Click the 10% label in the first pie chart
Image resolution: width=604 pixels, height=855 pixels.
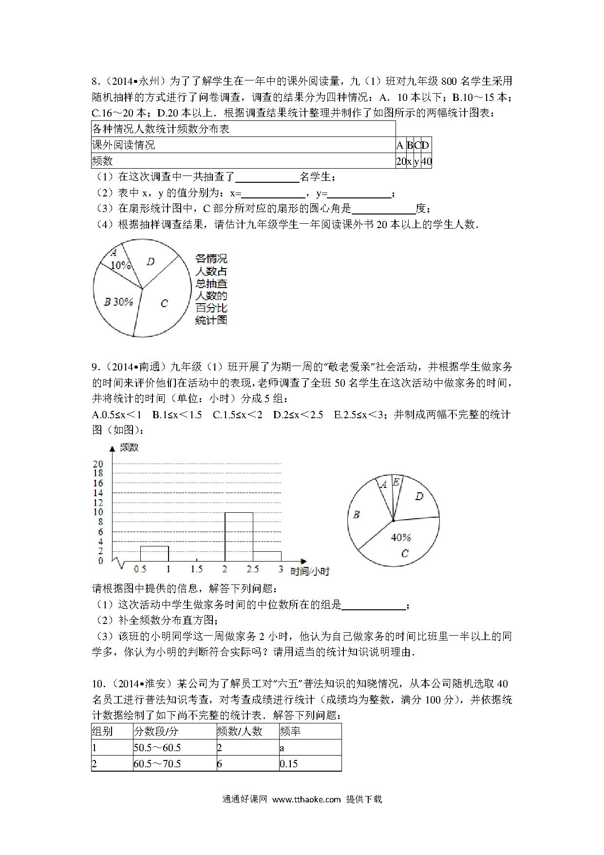tap(120, 265)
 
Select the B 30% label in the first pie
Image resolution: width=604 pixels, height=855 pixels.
tap(118, 302)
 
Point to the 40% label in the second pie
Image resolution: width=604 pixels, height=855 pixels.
tap(401, 537)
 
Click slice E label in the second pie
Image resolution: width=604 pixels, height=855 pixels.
tap(396, 482)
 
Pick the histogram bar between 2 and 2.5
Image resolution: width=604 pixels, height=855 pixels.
tap(239, 536)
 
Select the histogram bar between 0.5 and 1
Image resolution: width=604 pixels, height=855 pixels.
tap(154, 553)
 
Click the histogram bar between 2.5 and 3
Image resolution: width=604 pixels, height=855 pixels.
tap(267, 556)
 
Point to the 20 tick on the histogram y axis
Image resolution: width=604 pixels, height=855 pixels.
tap(98, 464)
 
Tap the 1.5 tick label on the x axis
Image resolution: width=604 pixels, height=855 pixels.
tap(196, 569)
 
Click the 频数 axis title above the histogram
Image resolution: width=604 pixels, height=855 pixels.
tap(129, 447)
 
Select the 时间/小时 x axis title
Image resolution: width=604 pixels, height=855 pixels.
tap(310, 571)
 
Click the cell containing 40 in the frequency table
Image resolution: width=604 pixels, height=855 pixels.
tap(426, 161)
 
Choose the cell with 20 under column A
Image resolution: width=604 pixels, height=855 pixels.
tap(401, 161)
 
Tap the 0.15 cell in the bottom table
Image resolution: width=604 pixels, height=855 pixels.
tap(310, 763)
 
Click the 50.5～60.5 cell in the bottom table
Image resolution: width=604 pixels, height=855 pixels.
tap(174, 747)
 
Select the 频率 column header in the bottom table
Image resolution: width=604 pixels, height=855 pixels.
tap(310, 731)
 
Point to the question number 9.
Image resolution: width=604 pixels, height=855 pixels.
tap(95, 367)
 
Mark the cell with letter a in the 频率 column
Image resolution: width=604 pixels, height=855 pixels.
tap(310, 747)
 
